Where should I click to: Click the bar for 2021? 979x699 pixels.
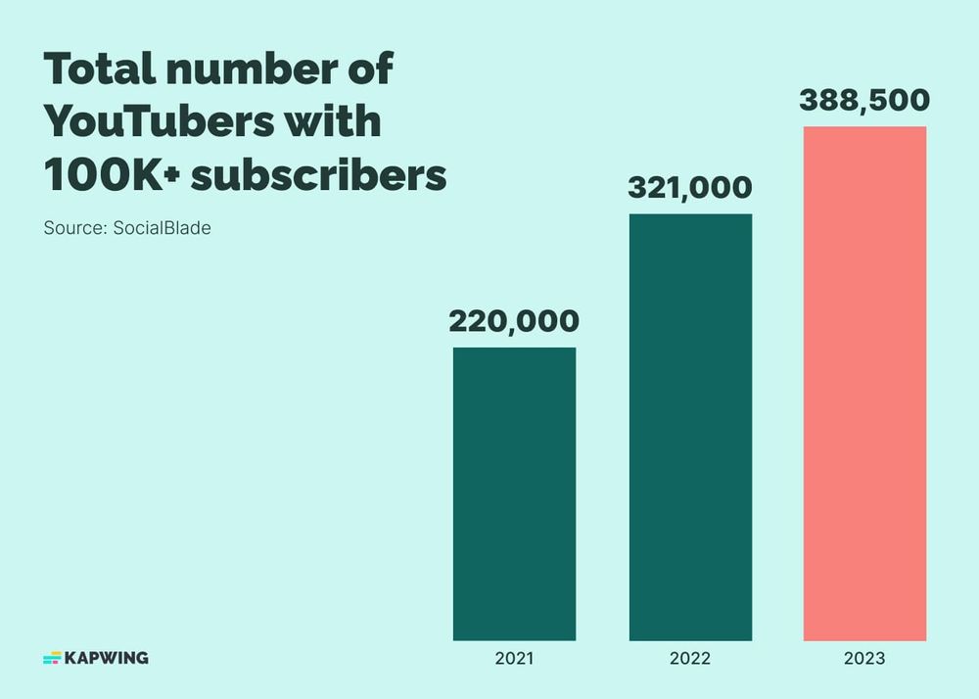514,493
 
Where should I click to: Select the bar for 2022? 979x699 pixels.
689,427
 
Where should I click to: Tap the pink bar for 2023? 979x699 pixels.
864,383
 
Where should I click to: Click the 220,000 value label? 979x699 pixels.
514,321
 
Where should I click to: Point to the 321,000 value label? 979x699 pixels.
689,188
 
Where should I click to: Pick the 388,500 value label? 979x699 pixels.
864,100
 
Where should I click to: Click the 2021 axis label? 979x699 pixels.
514,659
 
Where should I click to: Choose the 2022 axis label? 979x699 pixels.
689,659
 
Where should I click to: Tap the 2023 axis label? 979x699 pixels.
864,659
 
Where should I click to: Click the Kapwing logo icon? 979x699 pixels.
52,658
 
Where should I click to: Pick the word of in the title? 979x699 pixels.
370,70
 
